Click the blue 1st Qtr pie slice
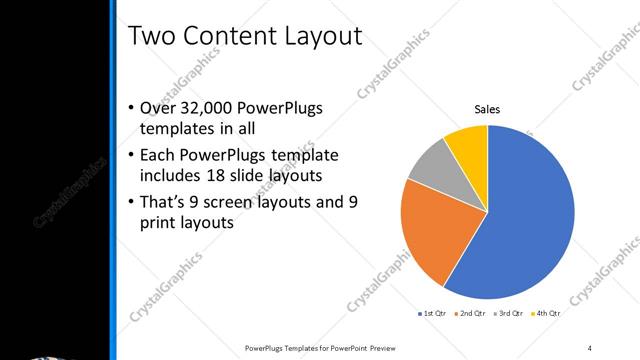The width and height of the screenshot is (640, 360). pyautogui.click(x=525, y=215)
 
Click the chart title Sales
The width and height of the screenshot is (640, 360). pyautogui.click(x=487, y=110)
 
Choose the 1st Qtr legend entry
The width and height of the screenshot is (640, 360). pyautogui.click(x=433, y=314)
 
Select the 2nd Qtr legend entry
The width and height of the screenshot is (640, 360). pyautogui.click(x=472, y=314)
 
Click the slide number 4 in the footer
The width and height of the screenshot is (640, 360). pyautogui.click(x=590, y=347)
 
